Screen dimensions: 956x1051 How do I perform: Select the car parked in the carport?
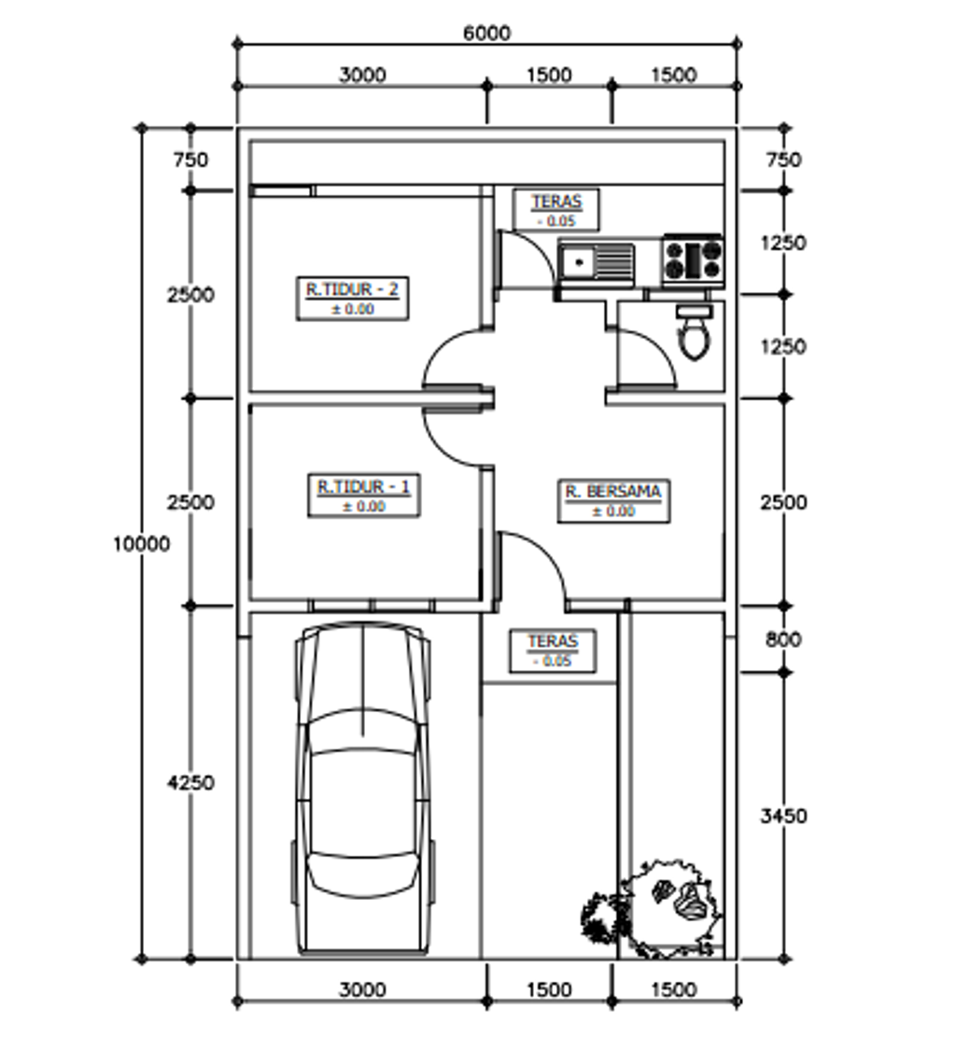[362, 788]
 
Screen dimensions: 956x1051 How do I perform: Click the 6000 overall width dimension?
[486, 33]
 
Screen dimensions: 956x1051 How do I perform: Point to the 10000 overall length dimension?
[141, 543]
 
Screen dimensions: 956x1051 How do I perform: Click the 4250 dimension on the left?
[190, 782]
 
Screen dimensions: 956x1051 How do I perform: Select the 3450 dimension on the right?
[783, 816]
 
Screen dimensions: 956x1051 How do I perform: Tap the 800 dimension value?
[783, 639]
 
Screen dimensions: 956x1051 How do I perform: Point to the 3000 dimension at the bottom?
[362, 989]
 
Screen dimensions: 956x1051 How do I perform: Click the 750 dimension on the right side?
[783, 160]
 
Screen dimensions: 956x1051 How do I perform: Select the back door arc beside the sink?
[536, 248]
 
